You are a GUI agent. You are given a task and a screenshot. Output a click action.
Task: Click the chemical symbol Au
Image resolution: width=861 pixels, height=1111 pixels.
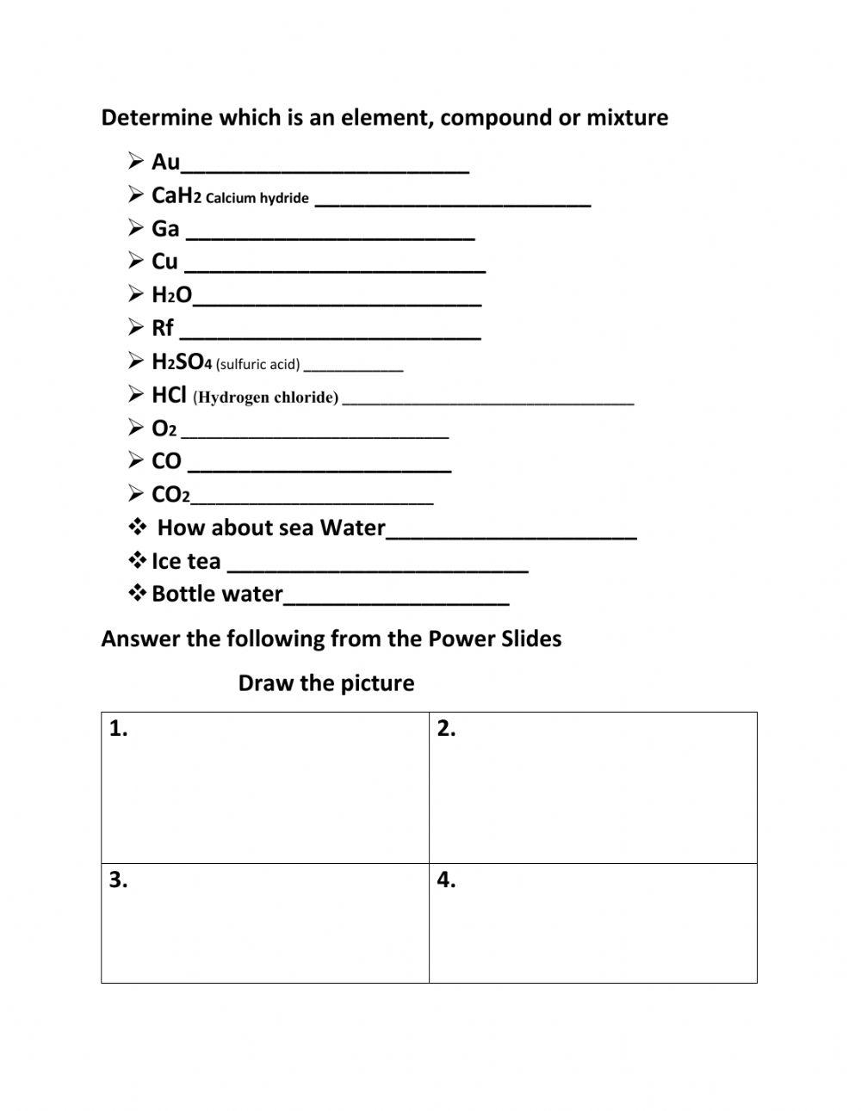[165, 162]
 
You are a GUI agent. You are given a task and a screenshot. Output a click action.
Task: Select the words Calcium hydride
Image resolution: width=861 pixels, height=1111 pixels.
[257, 198]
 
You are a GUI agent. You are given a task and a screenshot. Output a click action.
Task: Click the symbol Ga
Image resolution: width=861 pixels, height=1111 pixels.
[165, 229]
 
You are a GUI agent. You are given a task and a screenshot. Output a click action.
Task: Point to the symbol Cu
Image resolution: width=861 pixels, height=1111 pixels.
[164, 262]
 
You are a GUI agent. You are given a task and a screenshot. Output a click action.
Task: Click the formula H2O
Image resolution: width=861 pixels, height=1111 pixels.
[171, 295]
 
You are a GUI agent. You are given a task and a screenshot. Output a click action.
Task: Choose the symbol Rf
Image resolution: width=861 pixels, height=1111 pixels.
[163, 328]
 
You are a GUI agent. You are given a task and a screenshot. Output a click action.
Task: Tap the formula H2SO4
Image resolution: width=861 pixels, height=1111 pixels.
[182, 361]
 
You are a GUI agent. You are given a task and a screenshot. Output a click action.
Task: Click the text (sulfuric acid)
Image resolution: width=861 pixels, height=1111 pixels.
[257, 364]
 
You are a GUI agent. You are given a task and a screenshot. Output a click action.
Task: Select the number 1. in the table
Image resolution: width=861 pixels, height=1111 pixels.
[119, 729]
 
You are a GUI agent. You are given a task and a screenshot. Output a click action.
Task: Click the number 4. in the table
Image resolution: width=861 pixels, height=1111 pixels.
[446, 880]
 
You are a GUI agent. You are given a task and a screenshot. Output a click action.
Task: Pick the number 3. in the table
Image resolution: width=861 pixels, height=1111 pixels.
[119, 880]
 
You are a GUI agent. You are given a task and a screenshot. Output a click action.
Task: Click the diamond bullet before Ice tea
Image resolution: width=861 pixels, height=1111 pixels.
[137, 561]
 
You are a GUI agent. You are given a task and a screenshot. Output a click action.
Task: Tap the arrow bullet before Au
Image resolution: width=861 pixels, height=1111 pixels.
[136, 161]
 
